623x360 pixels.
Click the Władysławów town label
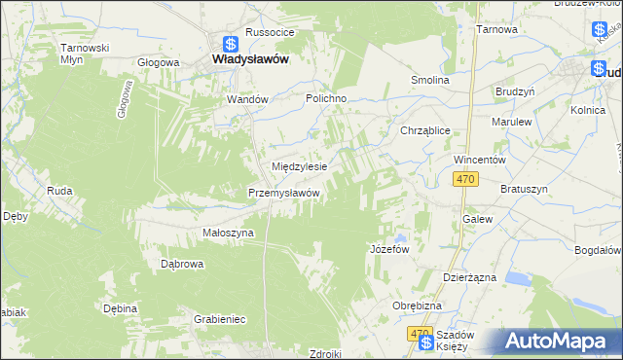(x=249, y=58)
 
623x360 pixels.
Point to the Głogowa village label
(x=159, y=62)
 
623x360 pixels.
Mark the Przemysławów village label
(x=284, y=193)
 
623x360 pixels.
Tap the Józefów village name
(x=388, y=248)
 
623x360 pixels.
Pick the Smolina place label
(x=429, y=80)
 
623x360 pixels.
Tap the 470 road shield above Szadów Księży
(x=420, y=334)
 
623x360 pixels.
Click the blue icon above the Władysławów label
(x=231, y=43)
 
